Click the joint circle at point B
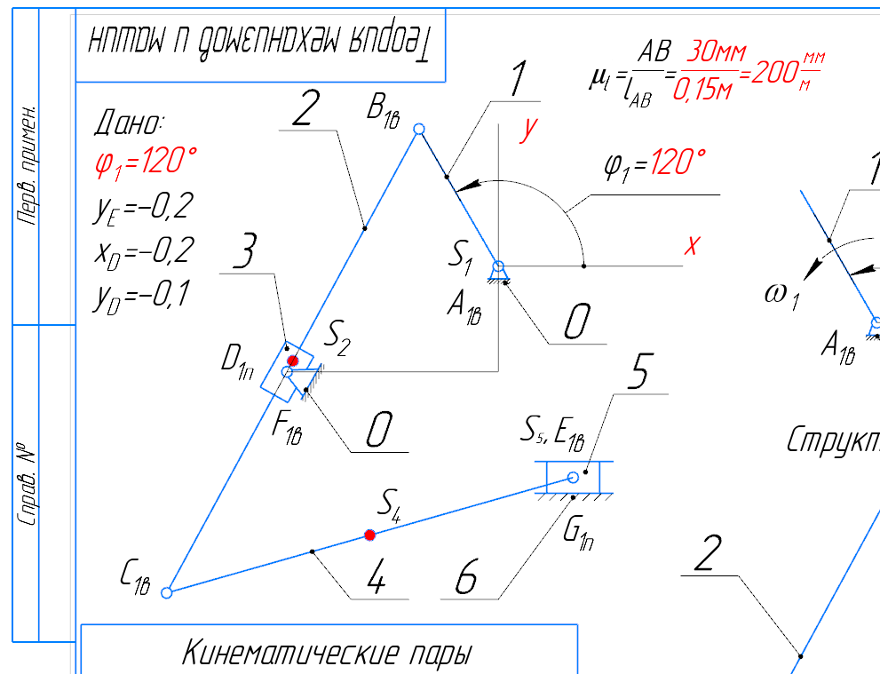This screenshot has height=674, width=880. coord(420,130)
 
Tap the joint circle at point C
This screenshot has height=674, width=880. coord(166,592)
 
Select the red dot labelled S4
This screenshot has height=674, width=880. coord(369,535)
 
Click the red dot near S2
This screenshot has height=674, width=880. coord(293,361)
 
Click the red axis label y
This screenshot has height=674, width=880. coord(529,130)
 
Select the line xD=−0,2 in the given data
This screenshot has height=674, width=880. coord(142,251)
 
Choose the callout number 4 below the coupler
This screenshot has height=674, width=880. coord(376,581)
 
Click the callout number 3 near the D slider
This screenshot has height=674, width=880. coord(244,256)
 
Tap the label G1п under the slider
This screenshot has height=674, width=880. coord(578,533)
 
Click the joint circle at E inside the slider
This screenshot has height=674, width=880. coord(573,478)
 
